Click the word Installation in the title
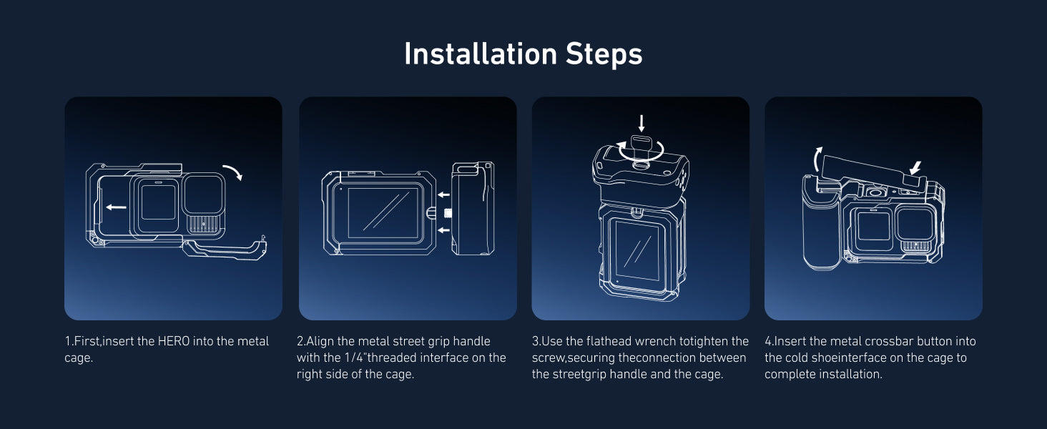(481, 54)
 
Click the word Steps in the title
(604, 54)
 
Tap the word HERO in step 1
(173, 341)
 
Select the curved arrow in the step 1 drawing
(233, 172)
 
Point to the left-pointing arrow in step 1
(116, 207)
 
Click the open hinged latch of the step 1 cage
(225, 249)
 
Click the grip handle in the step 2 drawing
(473, 209)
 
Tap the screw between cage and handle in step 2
(447, 213)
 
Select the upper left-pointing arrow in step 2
(443, 195)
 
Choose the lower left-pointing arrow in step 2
(443, 230)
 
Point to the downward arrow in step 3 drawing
(642, 124)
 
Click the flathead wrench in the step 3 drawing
(641, 149)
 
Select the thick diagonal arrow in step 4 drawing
(915, 168)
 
